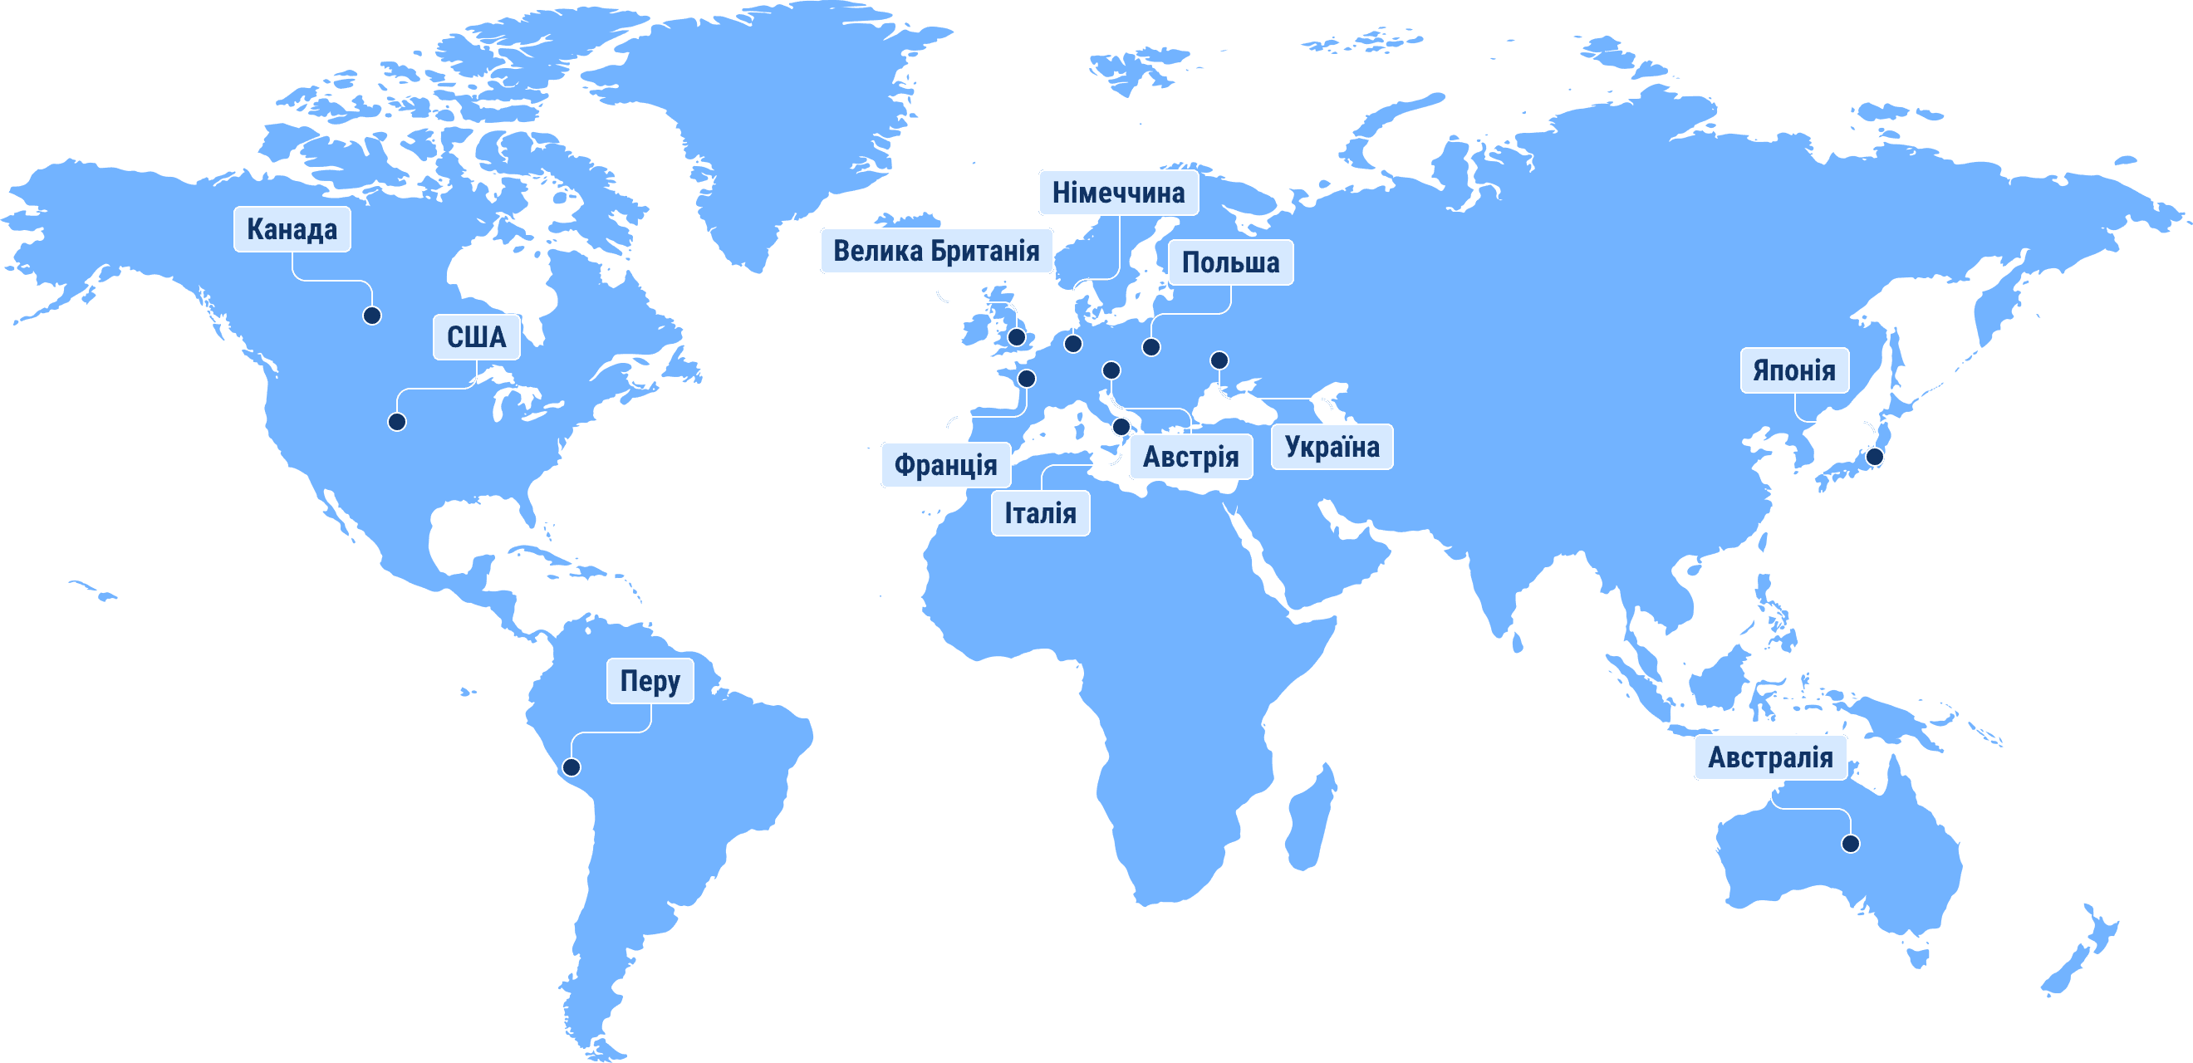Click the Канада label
click(x=292, y=229)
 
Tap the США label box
click(x=476, y=337)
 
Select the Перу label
click(x=650, y=681)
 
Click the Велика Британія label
click(x=935, y=251)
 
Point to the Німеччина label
click(x=1118, y=193)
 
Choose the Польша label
click(x=1230, y=262)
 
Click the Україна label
click(x=1332, y=447)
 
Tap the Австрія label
click(x=1190, y=457)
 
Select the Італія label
click(x=1039, y=513)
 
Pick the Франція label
click(x=945, y=465)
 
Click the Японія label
click(x=1793, y=370)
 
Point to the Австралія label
click(x=1770, y=757)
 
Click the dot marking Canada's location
click(x=372, y=316)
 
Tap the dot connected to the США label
click(x=397, y=422)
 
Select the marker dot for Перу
click(x=572, y=767)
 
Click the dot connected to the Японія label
click(x=1875, y=457)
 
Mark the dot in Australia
click(x=1850, y=845)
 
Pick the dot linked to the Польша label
click(x=1151, y=347)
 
